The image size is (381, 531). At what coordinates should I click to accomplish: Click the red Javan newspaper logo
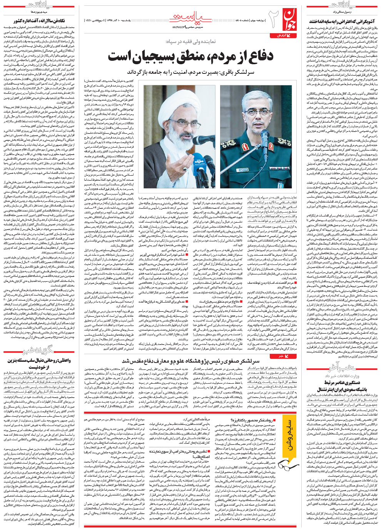[x=291, y=19]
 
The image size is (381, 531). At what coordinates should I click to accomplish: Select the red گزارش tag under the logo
[x=290, y=35]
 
